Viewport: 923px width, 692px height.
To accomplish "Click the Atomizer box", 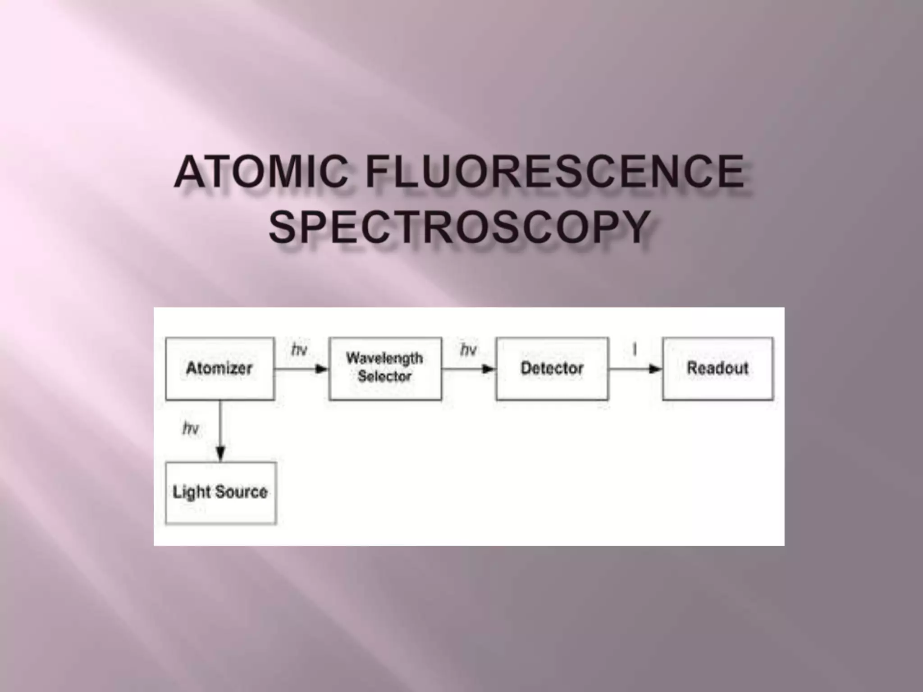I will tap(219, 369).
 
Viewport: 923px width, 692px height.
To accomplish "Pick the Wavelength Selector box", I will tap(385, 369).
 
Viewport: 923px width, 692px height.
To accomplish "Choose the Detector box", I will tap(552, 369).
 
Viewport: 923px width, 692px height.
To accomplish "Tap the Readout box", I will tap(717, 369).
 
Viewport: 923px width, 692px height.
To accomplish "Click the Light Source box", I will tap(220, 492).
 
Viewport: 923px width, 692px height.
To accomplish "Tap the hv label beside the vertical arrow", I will tap(191, 428).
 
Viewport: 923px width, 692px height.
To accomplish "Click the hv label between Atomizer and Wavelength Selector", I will tap(299, 349).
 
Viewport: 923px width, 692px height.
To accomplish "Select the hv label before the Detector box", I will tap(468, 349).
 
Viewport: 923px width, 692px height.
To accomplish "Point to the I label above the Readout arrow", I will tap(635, 349).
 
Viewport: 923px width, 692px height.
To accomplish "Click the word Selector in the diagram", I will tap(384, 376).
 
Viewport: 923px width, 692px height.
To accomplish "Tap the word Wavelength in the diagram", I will tap(384, 358).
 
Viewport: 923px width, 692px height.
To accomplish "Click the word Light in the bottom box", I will tap(192, 492).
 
